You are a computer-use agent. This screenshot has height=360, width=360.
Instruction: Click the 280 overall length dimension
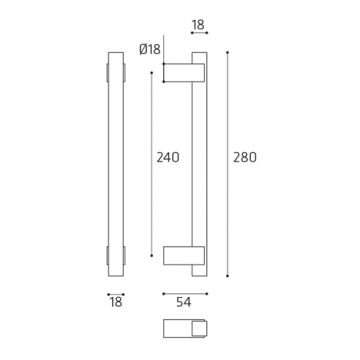pyautogui.click(x=245, y=157)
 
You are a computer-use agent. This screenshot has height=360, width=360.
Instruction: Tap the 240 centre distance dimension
pyautogui.click(x=168, y=157)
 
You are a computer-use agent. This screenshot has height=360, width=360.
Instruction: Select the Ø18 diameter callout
pyautogui.click(x=150, y=49)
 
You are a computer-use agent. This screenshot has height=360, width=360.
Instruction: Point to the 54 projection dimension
pyautogui.click(x=184, y=302)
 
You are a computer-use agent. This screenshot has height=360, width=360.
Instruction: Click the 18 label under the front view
pyautogui.click(x=116, y=302)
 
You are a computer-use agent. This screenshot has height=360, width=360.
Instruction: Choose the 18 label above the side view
pyautogui.click(x=198, y=25)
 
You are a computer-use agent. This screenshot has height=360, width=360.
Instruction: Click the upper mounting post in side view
pyautogui.click(x=184, y=72)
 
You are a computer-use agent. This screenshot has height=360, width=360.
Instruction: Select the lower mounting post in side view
pyautogui.click(x=184, y=255)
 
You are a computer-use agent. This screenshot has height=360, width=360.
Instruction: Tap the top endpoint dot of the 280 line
pyautogui.click(x=228, y=53)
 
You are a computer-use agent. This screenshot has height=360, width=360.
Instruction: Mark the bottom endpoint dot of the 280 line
pyautogui.click(x=228, y=276)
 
